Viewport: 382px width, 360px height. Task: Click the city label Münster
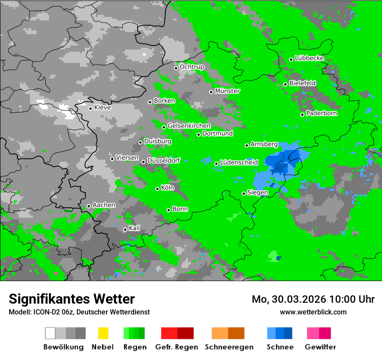pos(227,91)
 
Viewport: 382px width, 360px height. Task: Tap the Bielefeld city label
pos(303,83)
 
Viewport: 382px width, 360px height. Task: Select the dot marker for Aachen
pos(89,206)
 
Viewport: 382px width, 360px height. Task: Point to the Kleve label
pos(103,108)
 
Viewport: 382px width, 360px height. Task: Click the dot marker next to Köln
pos(158,189)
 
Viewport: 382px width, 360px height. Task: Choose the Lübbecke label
pos(310,58)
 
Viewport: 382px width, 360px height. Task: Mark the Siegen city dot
pos(244,193)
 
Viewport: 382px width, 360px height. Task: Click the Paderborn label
pos(322,114)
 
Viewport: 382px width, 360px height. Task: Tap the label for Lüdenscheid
pos(239,163)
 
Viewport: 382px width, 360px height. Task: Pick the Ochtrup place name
pos(192,67)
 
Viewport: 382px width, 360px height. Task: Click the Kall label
pos(135,228)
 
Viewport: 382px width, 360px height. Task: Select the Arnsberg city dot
pos(247,145)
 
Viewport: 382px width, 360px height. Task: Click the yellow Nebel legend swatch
pos(103,333)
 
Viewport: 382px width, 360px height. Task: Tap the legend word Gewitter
pos(320,347)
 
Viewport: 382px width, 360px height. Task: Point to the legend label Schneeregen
pos(228,347)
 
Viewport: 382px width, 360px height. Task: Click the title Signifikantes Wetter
pos(72,299)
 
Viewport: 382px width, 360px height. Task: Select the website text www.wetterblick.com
pos(313,312)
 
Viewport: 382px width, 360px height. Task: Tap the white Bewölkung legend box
pos(50,333)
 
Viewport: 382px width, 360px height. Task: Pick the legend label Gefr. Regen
pos(177,347)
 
